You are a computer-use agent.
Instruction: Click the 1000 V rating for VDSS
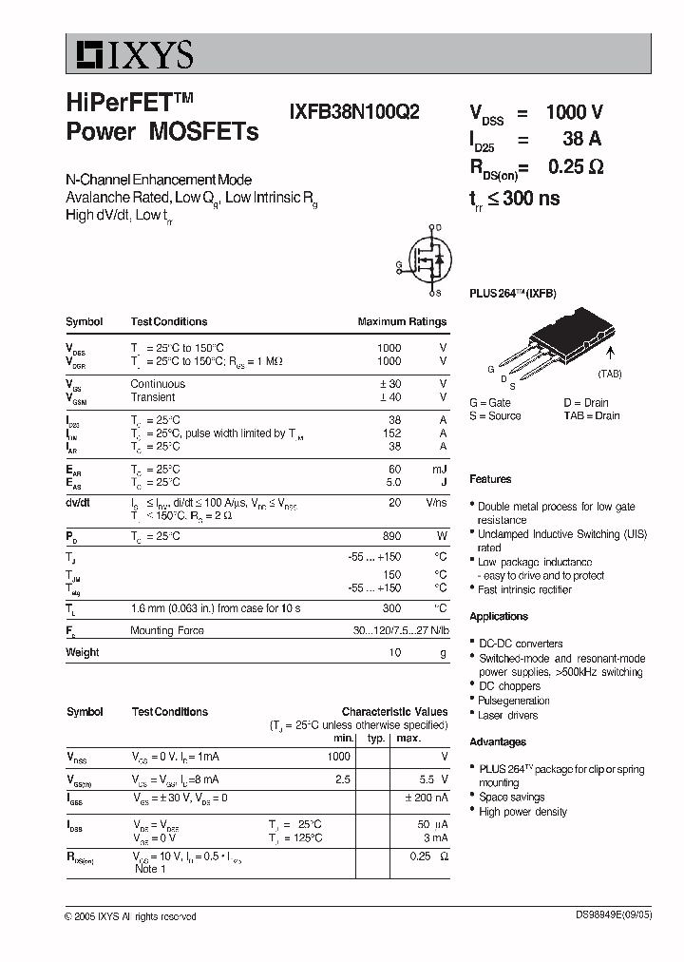point(574,112)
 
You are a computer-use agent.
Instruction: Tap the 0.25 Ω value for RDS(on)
point(576,167)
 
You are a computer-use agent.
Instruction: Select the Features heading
point(490,479)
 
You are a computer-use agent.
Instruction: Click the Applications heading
point(499,616)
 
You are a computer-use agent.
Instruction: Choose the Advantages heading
point(498,741)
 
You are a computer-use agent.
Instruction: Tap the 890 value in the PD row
point(390,536)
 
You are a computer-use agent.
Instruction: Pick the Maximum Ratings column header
point(402,321)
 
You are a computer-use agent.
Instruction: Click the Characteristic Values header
point(394,711)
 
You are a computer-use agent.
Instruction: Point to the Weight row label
point(82,652)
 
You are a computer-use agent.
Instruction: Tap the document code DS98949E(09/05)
point(613,916)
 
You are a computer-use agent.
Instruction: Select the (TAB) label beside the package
point(610,374)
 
